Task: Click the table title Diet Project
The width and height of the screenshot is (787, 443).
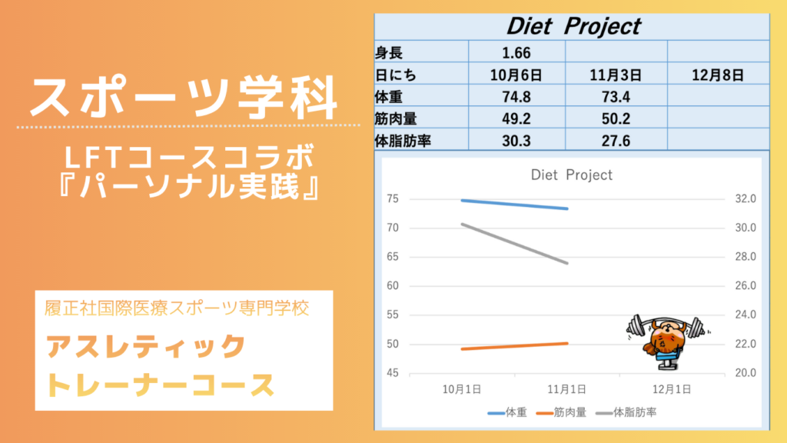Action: coord(573,26)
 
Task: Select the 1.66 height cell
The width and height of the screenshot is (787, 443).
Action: coord(516,53)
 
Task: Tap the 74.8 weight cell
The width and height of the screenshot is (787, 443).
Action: coord(516,97)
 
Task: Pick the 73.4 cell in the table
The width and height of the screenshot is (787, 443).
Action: coord(616,97)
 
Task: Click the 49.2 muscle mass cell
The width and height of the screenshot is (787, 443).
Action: coord(516,119)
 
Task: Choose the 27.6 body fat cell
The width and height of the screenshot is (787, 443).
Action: coord(616,141)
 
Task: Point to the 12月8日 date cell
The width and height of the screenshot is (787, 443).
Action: coord(717,75)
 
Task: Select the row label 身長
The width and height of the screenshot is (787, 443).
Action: coord(389,53)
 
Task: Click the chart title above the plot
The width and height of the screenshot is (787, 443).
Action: coord(572,175)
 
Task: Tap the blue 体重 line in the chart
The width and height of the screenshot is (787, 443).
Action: coord(515,204)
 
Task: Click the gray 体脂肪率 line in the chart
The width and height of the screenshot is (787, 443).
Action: coord(515,243)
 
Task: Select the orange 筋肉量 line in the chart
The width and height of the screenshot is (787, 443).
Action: coord(515,346)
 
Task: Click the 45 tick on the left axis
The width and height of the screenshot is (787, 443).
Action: coord(392,373)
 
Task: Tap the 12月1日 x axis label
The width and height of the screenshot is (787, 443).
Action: coord(670,388)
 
